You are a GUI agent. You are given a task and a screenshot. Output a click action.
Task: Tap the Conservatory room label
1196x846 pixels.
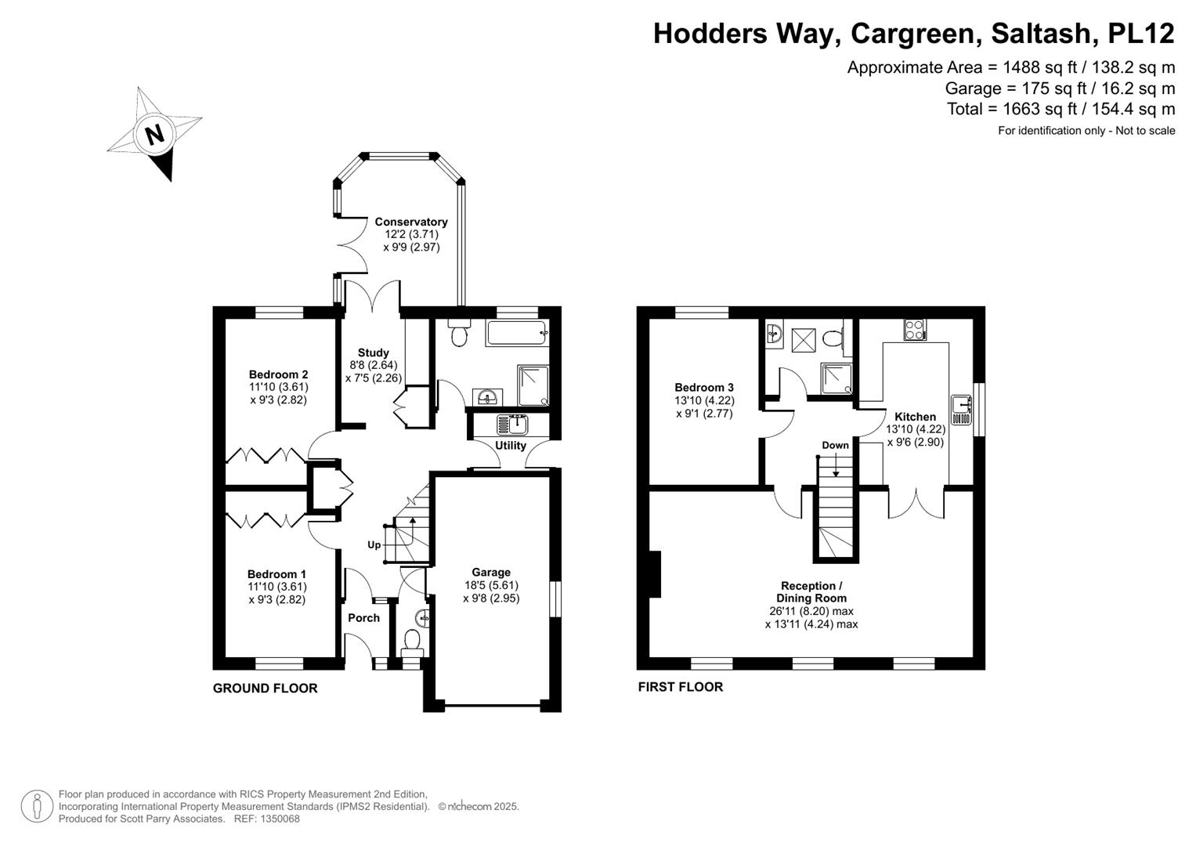click(x=411, y=222)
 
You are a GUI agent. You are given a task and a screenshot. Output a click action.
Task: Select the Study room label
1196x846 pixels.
click(x=374, y=352)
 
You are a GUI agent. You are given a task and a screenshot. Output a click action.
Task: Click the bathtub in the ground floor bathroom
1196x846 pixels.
click(x=516, y=333)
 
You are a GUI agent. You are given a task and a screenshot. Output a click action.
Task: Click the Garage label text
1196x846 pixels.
click(x=491, y=572)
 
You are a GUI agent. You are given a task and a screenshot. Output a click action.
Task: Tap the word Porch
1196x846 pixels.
click(x=363, y=617)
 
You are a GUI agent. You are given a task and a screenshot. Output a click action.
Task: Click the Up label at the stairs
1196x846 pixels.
click(x=374, y=544)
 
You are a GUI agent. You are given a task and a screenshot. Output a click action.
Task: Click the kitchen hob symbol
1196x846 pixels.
click(x=914, y=330)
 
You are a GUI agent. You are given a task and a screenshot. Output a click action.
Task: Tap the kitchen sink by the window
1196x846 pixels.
click(x=960, y=405)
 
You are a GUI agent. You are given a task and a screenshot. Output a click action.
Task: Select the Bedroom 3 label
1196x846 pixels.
click(x=704, y=387)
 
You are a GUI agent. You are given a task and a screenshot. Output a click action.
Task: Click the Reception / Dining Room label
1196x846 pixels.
click(x=811, y=591)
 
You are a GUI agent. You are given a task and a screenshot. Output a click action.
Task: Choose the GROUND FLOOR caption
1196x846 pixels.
click(x=265, y=688)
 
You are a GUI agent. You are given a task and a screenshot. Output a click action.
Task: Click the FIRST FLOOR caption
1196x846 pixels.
click(x=680, y=686)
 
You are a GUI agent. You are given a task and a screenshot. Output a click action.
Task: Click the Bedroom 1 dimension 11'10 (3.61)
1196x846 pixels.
click(x=277, y=586)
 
